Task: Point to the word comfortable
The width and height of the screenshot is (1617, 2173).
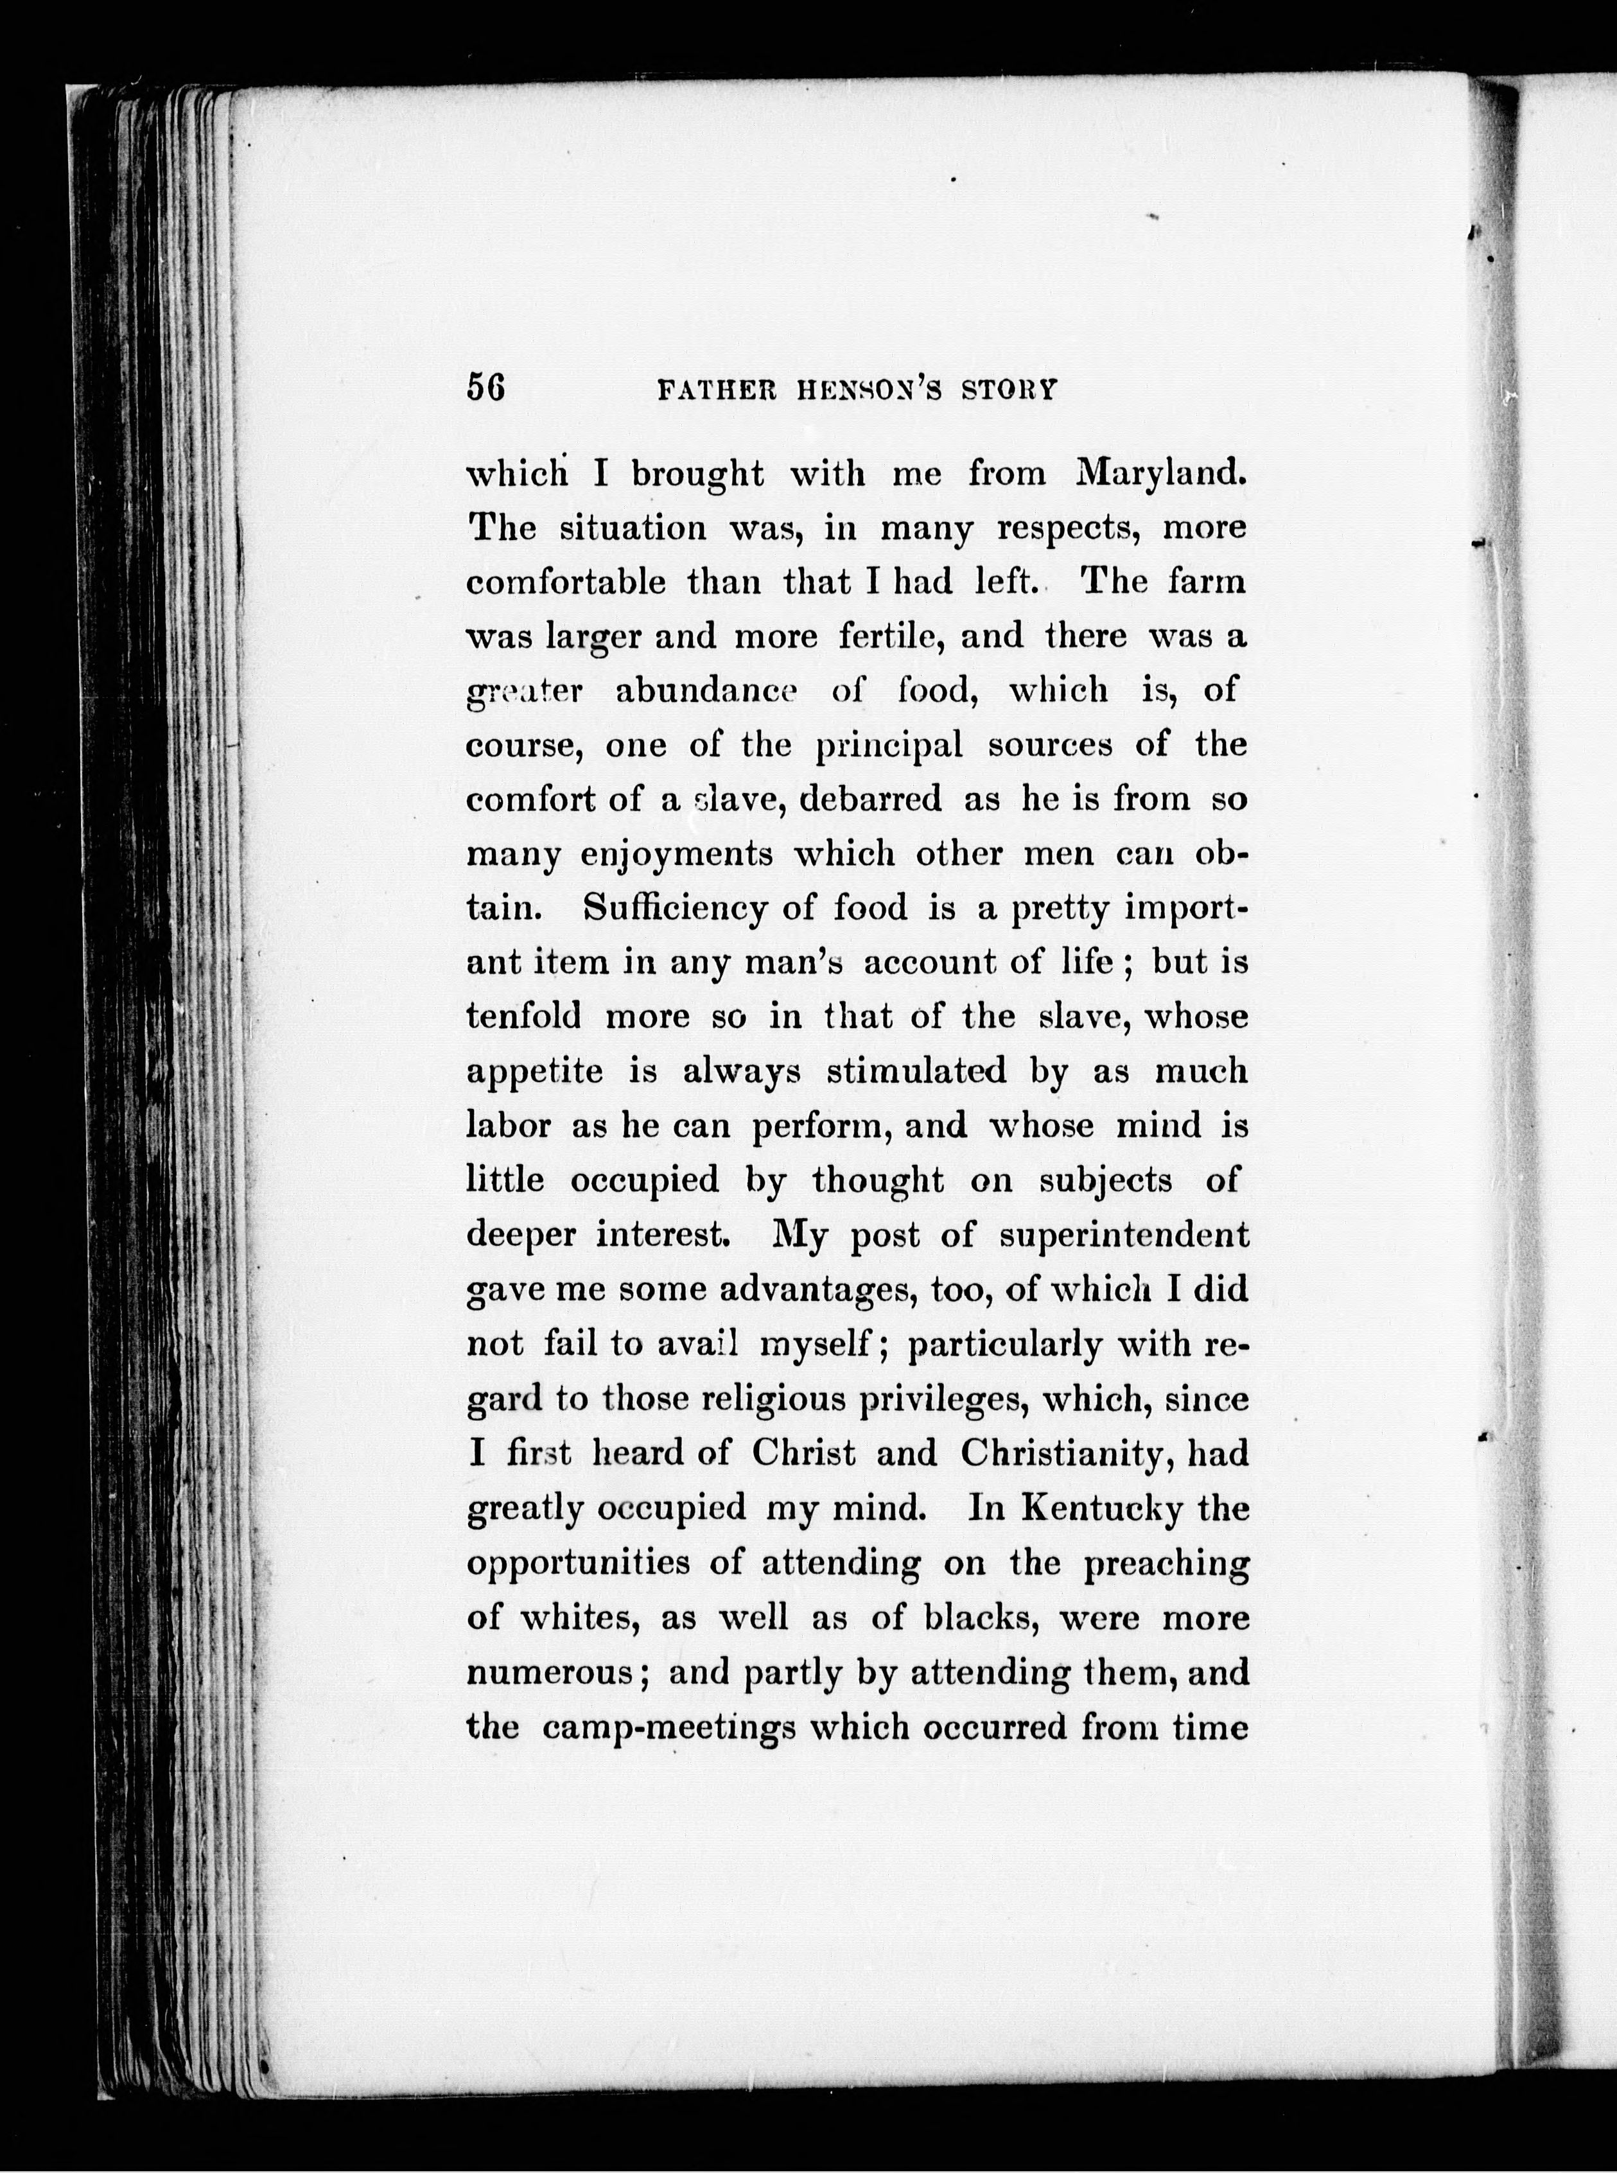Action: [566, 582]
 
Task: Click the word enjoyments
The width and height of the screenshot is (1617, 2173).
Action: [676, 855]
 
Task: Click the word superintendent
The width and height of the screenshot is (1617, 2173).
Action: [1124, 1235]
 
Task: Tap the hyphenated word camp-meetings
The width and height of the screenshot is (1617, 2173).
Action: [669, 1727]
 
